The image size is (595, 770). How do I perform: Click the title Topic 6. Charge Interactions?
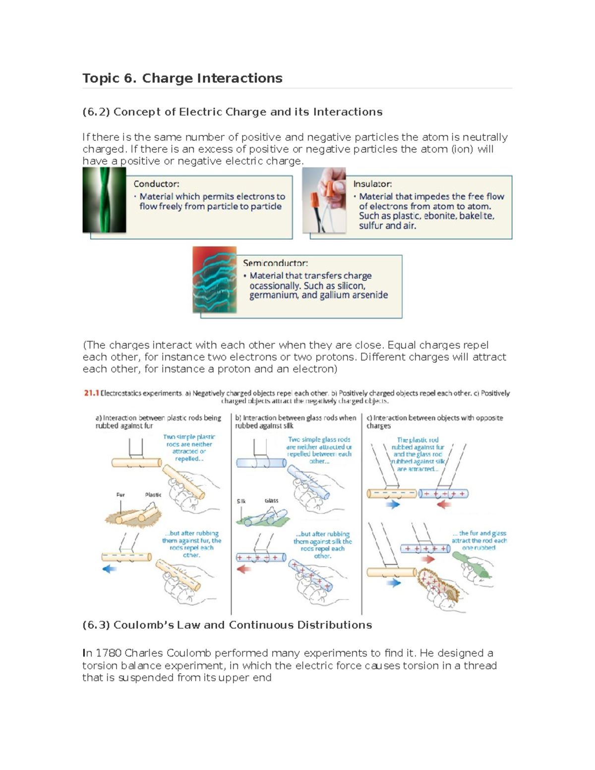pyautogui.click(x=182, y=78)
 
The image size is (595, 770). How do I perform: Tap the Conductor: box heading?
pyautogui.click(x=156, y=184)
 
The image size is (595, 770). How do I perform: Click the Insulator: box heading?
pyautogui.click(x=372, y=184)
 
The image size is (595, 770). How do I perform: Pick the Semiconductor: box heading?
pyautogui.click(x=275, y=263)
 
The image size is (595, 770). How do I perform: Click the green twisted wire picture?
pyautogui.click(x=104, y=200)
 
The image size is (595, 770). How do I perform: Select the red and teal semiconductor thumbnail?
pyautogui.click(x=214, y=280)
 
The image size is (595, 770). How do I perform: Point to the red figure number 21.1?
pyautogui.click(x=91, y=393)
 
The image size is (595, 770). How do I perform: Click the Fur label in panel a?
pyautogui.click(x=120, y=495)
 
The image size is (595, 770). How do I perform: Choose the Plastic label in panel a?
pyautogui.click(x=153, y=495)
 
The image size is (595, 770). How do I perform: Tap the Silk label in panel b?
pyautogui.click(x=241, y=501)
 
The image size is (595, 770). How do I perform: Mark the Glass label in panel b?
pyautogui.click(x=271, y=501)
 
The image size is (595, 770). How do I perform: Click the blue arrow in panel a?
pyautogui.click(x=109, y=569)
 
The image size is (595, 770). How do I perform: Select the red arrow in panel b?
pyautogui.click(x=243, y=569)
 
